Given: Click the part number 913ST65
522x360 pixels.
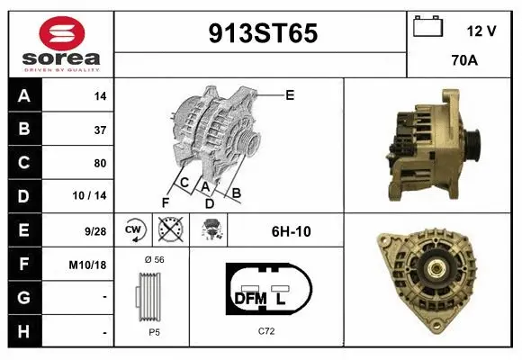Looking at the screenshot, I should tap(262, 33).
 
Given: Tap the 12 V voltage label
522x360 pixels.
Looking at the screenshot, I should tap(482, 30).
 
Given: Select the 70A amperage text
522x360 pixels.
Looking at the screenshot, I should tap(463, 60).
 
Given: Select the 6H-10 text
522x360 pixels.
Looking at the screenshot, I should tap(291, 231).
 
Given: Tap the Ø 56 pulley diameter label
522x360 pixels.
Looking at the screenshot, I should tap(153, 260).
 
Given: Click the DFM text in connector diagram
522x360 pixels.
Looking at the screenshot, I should tap(247, 298).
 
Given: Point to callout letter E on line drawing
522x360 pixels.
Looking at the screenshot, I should tap(290, 94).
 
